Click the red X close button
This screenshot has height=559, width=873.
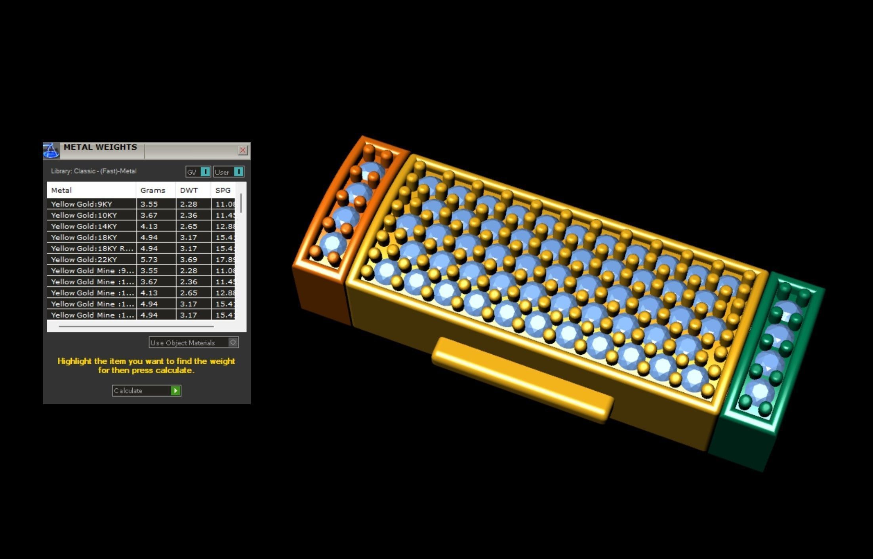[242, 150]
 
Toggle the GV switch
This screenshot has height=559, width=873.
[205, 172]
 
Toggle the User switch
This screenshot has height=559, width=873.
[238, 172]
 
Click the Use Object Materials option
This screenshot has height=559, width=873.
[193, 342]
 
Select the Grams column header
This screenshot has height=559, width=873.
[152, 190]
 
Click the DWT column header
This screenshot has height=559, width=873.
[189, 190]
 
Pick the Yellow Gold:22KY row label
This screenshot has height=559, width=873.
[84, 260]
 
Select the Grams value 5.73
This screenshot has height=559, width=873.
[149, 260]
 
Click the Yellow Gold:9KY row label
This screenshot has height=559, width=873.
[82, 204]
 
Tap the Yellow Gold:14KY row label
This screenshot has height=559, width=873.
[84, 226]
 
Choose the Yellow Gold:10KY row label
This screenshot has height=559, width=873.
[84, 215]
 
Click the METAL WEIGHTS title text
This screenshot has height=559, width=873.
[100, 147]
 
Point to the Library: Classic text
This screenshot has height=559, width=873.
[93, 171]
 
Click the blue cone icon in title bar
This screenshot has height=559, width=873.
[51, 151]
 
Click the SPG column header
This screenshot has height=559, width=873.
[223, 190]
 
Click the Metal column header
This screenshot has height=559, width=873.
[61, 190]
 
